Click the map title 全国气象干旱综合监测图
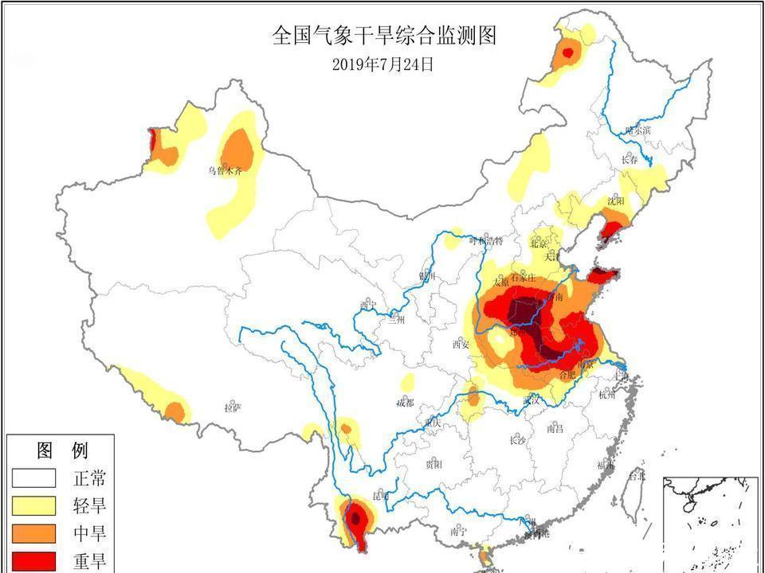(x=383, y=36)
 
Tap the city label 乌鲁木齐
(x=224, y=170)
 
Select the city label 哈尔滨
(x=637, y=130)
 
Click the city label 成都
(x=406, y=403)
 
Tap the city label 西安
(x=461, y=345)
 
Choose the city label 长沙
(x=516, y=440)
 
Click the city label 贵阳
(x=433, y=464)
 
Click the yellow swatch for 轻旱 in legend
(x=33, y=506)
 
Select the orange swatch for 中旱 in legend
(x=33, y=533)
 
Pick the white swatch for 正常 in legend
(x=33, y=478)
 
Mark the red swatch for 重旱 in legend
(x=33, y=559)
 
